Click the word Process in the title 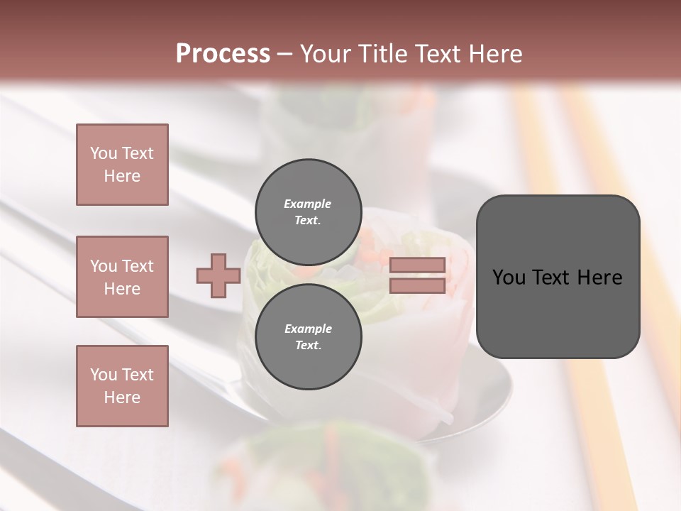pyautogui.click(x=223, y=54)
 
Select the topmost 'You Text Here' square pyautogui.click(x=122, y=165)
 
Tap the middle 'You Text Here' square pyautogui.click(x=122, y=277)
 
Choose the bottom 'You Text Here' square pyautogui.click(x=122, y=386)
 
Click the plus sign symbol pyautogui.click(x=218, y=276)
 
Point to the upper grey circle pyautogui.click(x=309, y=212)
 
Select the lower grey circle pyautogui.click(x=309, y=337)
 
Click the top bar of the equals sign pyautogui.click(x=417, y=265)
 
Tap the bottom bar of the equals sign pyautogui.click(x=417, y=286)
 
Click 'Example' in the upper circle pyautogui.click(x=308, y=204)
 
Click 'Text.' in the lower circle pyautogui.click(x=308, y=346)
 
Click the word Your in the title pyautogui.click(x=324, y=54)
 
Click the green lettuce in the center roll pyautogui.click(x=266, y=284)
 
